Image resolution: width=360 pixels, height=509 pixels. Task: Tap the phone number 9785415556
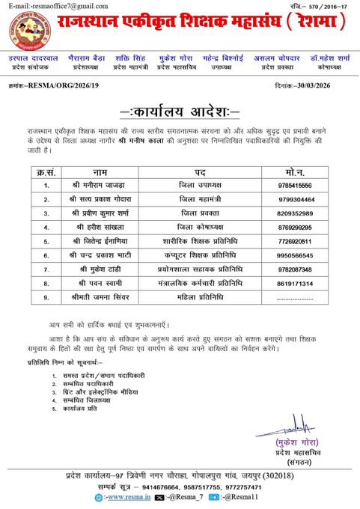(294, 185)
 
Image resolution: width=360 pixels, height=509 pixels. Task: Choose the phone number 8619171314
(294, 284)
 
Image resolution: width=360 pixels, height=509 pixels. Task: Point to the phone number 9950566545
(294, 255)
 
